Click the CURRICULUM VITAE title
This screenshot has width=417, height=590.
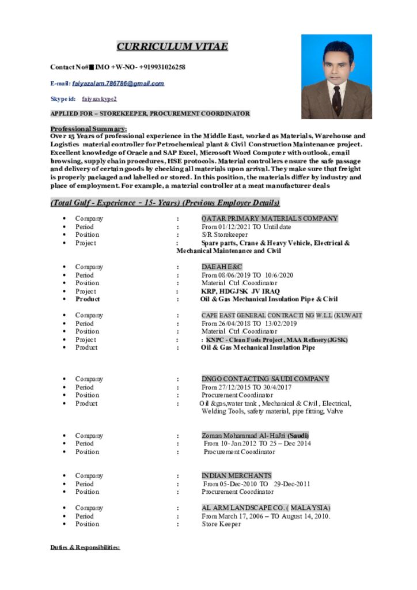point(172,47)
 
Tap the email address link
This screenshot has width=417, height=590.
point(118,84)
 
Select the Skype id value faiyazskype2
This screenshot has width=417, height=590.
point(99,99)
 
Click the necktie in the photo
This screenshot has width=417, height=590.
point(336,99)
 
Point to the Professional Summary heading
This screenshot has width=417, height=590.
point(89,128)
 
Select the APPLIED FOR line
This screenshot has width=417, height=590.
point(150,114)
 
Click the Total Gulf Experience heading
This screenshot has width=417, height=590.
point(165,203)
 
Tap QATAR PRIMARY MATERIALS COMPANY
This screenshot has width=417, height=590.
point(269,218)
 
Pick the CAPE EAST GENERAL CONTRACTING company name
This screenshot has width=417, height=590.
point(282,315)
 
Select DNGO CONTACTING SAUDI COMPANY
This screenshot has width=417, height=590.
point(265,379)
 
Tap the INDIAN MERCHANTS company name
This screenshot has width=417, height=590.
point(236,476)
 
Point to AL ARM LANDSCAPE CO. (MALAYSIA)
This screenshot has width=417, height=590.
point(266,508)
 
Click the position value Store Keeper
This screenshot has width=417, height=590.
point(221,524)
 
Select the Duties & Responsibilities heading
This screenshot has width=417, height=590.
point(85,547)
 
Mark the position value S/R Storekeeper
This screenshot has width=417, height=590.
point(224,235)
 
